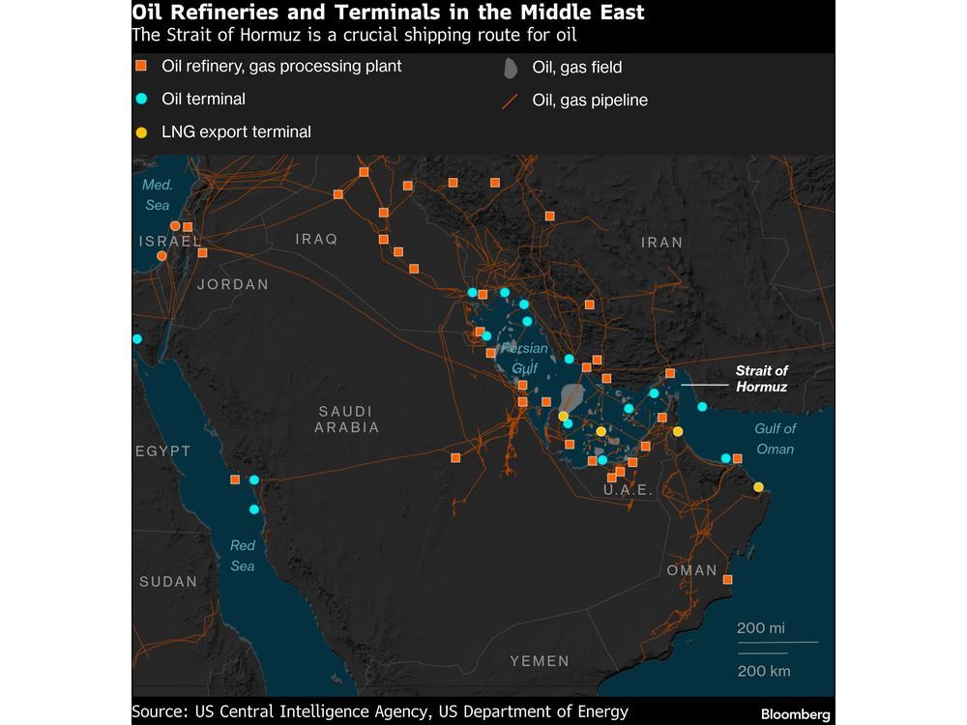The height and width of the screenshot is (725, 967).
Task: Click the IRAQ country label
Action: [x=316, y=239]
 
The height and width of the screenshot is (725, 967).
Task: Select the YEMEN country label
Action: [x=539, y=661]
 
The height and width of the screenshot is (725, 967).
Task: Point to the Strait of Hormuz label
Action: [x=761, y=379]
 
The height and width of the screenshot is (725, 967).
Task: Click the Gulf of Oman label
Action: [x=775, y=439]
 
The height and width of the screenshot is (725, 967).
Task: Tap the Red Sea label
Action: [x=243, y=556]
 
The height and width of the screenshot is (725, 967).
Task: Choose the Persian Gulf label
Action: [x=524, y=358]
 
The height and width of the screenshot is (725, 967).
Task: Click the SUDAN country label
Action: [x=167, y=582]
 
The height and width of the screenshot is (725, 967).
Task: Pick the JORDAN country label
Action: [x=232, y=284]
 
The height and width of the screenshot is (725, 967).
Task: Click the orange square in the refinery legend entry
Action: [x=141, y=66]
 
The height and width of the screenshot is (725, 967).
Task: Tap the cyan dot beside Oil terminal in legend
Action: [x=141, y=99]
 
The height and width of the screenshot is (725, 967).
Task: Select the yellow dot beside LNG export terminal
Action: [x=141, y=131]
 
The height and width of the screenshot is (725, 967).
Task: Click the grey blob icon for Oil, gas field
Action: [x=510, y=68]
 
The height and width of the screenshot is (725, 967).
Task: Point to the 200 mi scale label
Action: [x=761, y=628]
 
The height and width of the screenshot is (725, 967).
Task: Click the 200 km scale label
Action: [x=763, y=671]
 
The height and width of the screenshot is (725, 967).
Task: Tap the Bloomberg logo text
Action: [x=795, y=714]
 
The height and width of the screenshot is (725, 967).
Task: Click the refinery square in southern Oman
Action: [x=727, y=580]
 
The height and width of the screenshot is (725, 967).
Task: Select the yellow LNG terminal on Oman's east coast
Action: [x=759, y=486]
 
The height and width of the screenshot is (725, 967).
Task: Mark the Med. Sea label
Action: [x=157, y=195]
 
